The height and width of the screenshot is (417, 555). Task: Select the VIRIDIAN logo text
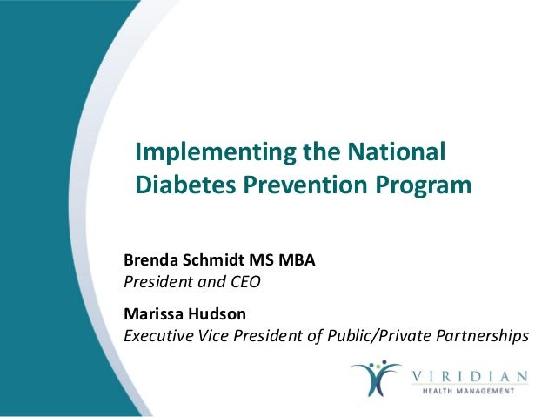click(471, 375)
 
